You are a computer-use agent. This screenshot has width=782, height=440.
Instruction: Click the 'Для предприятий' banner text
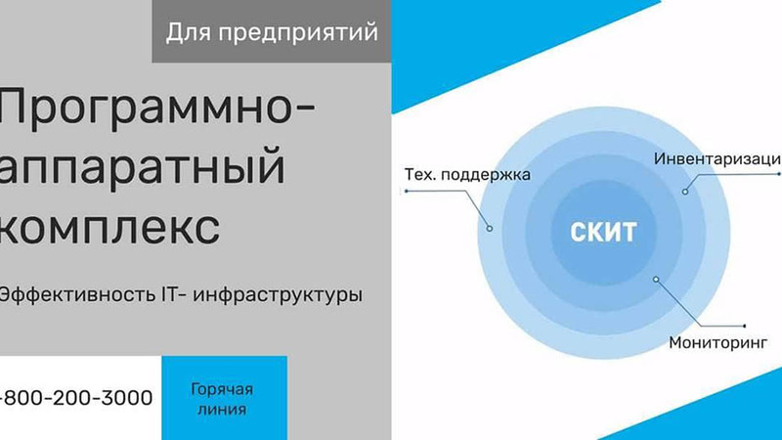(x=272, y=33)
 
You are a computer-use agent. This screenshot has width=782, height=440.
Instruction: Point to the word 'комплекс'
(x=109, y=227)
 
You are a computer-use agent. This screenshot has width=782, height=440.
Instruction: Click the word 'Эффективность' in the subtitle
(x=77, y=294)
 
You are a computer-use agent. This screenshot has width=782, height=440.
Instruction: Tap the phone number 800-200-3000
(x=76, y=398)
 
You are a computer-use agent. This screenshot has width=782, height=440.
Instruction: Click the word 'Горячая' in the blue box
(x=222, y=389)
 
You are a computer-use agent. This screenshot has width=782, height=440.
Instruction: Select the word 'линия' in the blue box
(x=222, y=410)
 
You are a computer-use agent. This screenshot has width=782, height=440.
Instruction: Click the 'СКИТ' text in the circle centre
(x=603, y=232)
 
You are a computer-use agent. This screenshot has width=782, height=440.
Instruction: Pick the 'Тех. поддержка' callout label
(x=467, y=175)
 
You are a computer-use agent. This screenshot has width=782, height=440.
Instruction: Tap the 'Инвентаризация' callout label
(x=717, y=158)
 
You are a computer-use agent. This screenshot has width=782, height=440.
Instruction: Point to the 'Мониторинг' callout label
(x=717, y=343)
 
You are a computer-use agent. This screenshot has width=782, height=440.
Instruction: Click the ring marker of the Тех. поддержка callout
(x=490, y=229)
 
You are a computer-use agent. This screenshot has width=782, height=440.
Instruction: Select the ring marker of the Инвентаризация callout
(x=685, y=192)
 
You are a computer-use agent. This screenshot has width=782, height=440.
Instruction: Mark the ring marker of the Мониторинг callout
(x=656, y=280)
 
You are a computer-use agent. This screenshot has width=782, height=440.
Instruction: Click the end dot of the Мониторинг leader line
(x=745, y=327)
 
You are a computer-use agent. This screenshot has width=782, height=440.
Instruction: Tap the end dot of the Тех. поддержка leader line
(x=407, y=191)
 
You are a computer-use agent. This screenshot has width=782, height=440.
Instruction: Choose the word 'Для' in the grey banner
(x=189, y=33)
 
